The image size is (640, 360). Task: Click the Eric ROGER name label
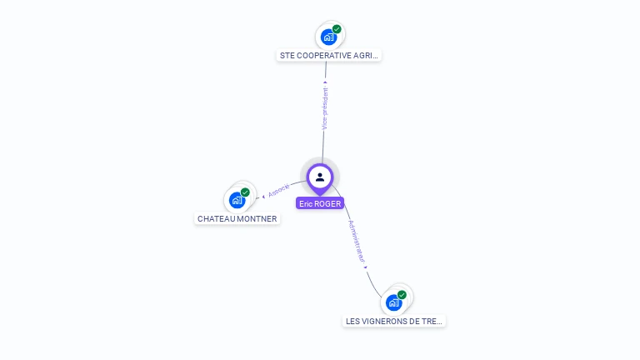click(320, 203)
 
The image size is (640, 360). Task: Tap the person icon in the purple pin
click(320, 177)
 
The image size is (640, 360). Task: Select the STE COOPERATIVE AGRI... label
click(329, 56)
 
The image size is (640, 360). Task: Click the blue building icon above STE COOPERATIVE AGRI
click(328, 37)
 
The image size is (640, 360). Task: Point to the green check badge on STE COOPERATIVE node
click(337, 29)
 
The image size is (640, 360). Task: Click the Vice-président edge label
click(325, 108)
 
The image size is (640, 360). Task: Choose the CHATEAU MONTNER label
click(237, 219)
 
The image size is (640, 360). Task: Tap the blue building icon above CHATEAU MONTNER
click(237, 201)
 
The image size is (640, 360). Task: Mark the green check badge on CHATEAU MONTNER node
click(245, 192)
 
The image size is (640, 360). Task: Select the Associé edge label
click(279, 190)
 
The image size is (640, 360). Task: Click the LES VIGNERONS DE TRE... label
click(395, 321)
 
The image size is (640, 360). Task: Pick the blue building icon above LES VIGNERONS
click(394, 302)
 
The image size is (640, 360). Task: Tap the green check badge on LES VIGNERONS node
click(402, 294)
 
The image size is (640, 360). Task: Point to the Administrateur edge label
click(357, 242)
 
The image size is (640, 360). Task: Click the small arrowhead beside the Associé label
click(263, 196)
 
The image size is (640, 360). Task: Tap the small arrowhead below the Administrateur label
click(366, 267)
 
